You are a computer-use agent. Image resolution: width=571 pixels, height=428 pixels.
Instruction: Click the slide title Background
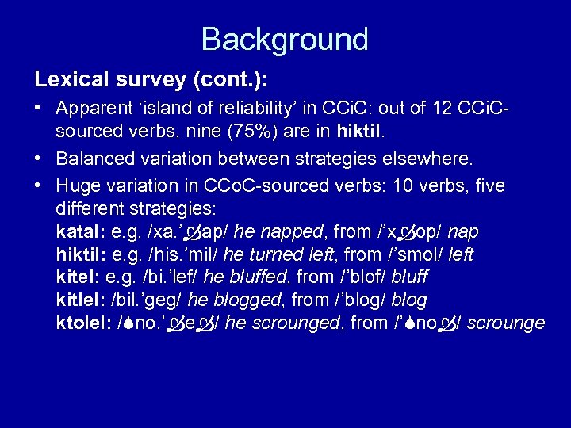tap(285, 39)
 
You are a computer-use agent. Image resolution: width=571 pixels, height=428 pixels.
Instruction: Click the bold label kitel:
tap(78, 278)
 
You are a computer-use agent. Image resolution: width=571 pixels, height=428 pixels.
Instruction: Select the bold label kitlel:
tap(82, 300)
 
